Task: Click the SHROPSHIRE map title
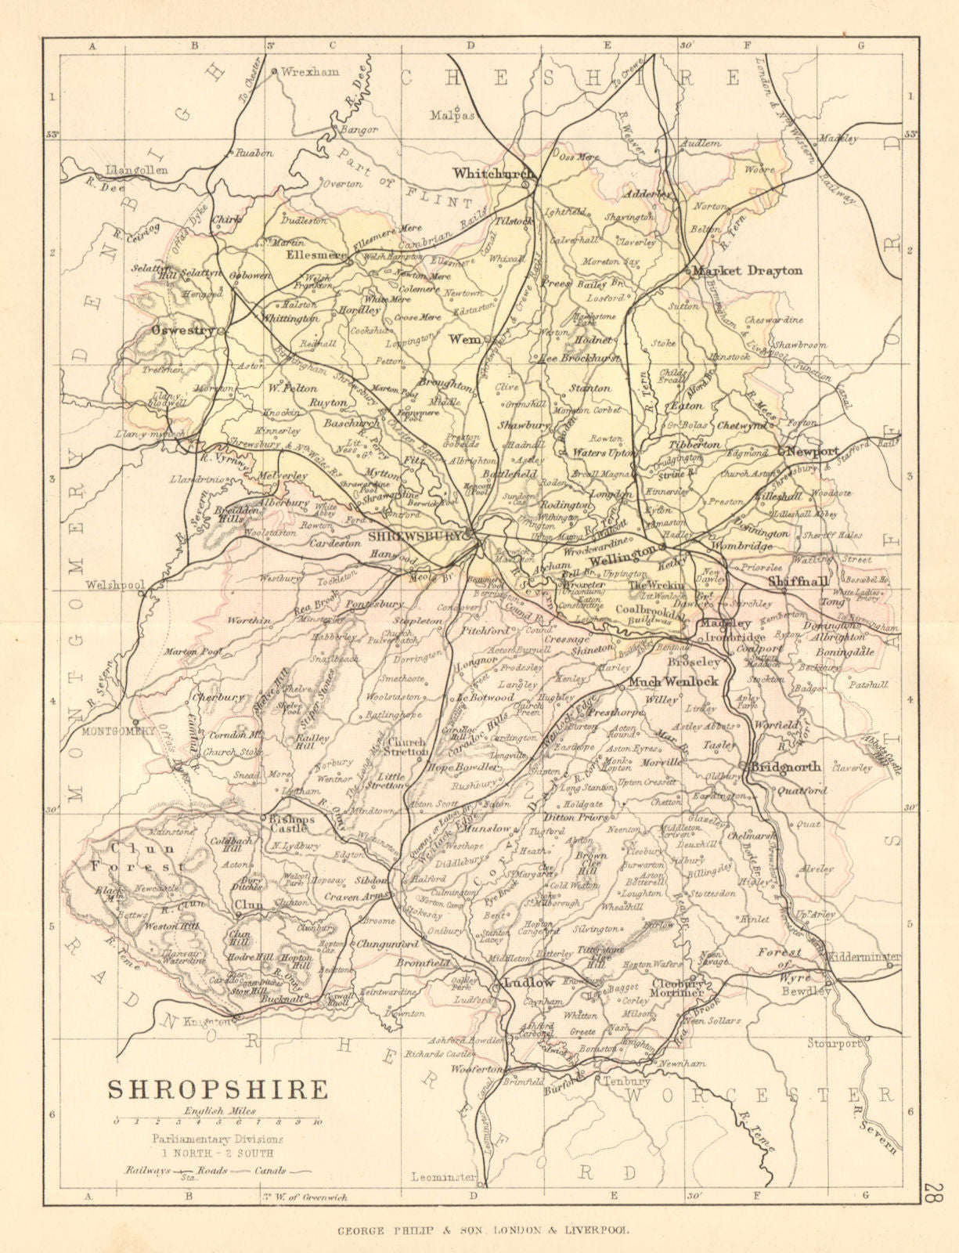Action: tap(217, 1089)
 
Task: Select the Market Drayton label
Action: tap(748, 271)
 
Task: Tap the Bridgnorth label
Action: tap(785, 767)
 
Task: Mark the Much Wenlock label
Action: tap(673, 681)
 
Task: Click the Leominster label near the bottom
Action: tap(444, 1177)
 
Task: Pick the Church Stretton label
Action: tap(409, 747)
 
